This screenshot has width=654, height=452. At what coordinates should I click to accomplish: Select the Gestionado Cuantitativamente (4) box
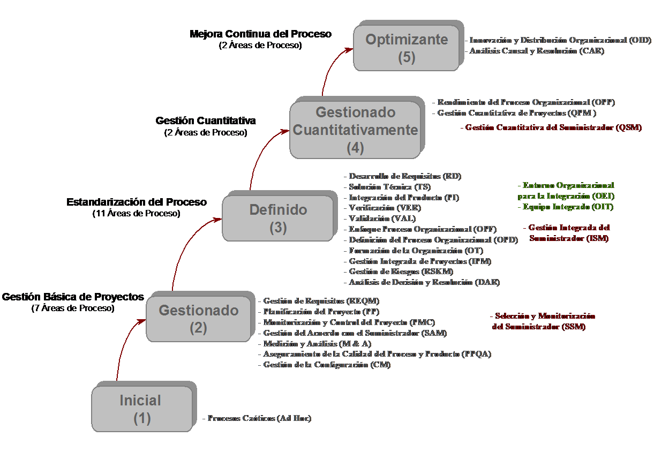[355, 130]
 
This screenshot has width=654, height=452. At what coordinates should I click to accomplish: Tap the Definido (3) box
[278, 218]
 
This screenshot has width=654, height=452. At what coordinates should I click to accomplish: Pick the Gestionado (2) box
[198, 319]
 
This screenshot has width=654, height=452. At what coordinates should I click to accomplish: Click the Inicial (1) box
[141, 409]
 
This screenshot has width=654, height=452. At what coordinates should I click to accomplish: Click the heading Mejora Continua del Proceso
[260, 34]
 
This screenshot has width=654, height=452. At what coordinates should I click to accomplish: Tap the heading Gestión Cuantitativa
[206, 121]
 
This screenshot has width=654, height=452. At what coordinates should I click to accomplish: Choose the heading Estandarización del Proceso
[136, 202]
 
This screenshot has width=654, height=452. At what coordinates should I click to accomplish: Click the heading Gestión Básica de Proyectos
[73, 297]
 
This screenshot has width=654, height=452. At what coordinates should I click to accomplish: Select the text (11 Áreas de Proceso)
[136, 213]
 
